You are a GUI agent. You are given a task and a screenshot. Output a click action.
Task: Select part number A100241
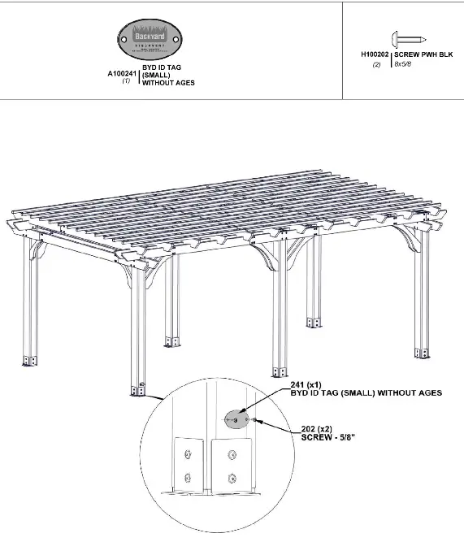click(121, 73)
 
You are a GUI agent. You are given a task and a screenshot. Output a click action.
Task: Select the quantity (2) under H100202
click(376, 64)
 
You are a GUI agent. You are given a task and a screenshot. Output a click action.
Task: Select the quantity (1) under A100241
click(126, 81)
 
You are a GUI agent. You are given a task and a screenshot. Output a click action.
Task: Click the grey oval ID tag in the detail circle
click(236, 419)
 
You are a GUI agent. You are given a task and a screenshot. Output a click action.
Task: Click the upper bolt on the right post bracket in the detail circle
click(234, 454)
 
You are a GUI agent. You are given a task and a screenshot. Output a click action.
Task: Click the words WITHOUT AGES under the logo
click(169, 83)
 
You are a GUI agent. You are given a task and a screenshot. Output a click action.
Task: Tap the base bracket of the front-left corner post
click(137, 388)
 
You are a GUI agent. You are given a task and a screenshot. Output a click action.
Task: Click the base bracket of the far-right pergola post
click(420, 352)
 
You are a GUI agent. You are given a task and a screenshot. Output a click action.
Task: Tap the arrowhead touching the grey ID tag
click(244, 414)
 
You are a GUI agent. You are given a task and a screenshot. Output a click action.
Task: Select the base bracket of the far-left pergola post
click(29, 359)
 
